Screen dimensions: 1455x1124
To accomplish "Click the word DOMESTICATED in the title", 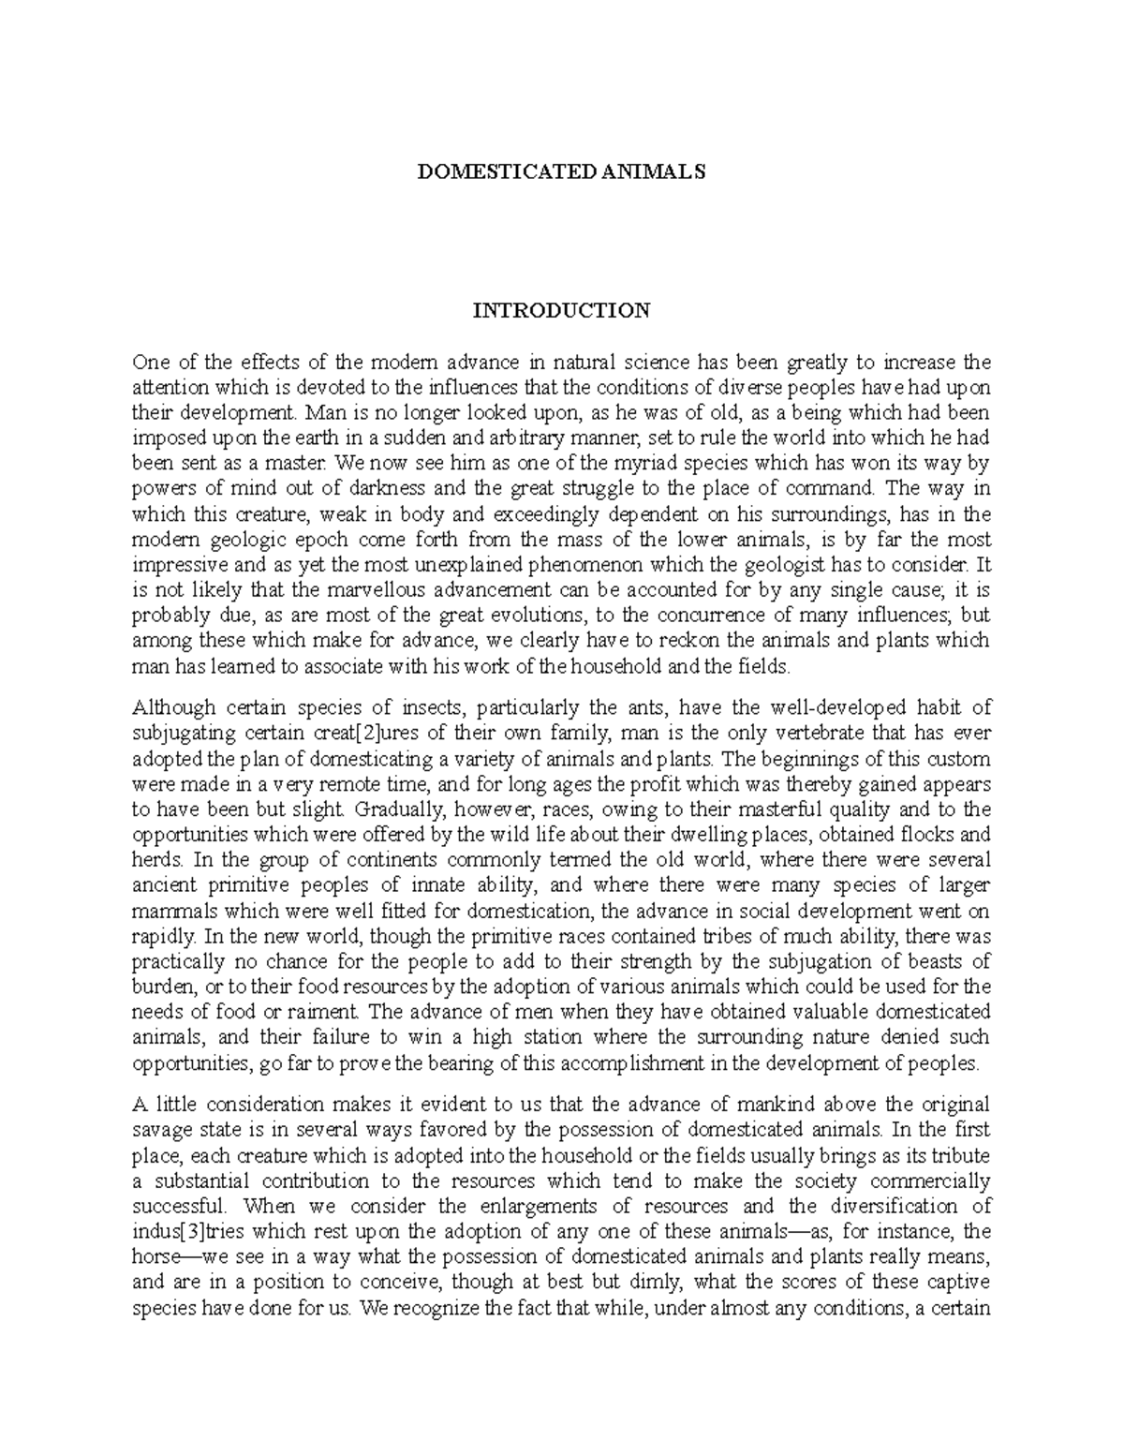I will [x=496, y=172].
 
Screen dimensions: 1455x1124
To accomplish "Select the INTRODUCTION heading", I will [x=561, y=311].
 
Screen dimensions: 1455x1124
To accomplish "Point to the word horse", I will [x=155, y=1256].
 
